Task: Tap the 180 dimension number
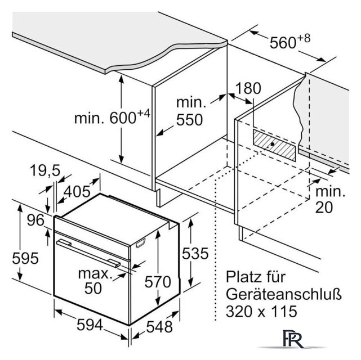249,88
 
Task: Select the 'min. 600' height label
113,118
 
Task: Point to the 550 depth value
189,119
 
